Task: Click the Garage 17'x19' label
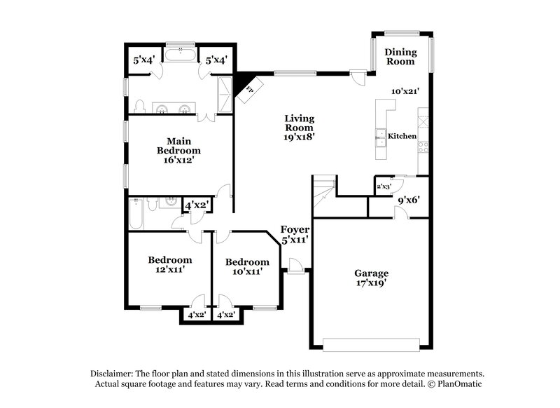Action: click(x=371, y=278)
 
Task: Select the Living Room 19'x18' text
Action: click(x=299, y=128)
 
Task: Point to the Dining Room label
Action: click(x=400, y=57)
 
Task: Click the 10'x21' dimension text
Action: click(x=405, y=91)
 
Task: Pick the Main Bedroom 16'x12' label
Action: click(x=178, y=150)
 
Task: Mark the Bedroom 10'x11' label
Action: click(x=247, y=267)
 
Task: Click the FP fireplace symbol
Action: click(x=249, y=90)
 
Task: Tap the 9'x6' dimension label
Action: click(x=409, y=199)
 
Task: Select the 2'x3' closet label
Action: click(x=384, y=186)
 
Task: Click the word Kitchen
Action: click(x=402, y=136)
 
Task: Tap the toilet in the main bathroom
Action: click(x=140, y=107)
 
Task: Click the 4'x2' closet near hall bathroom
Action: click(x=195, y=205)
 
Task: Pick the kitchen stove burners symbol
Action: click(x=423, y=147)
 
